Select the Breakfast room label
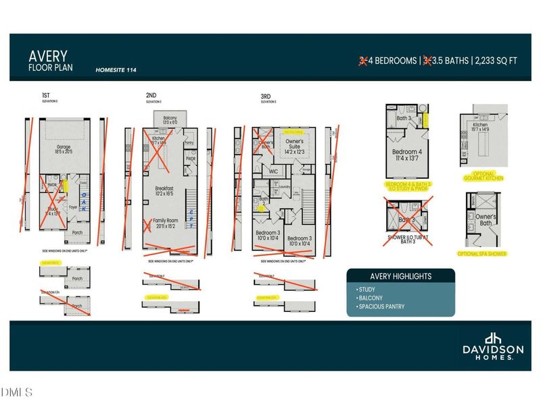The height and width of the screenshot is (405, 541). tap(164, 190)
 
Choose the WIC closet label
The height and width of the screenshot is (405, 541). tap(273, 171)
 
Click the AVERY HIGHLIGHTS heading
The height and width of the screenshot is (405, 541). tap(400, 276)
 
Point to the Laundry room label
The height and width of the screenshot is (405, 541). tap(285, 187)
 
